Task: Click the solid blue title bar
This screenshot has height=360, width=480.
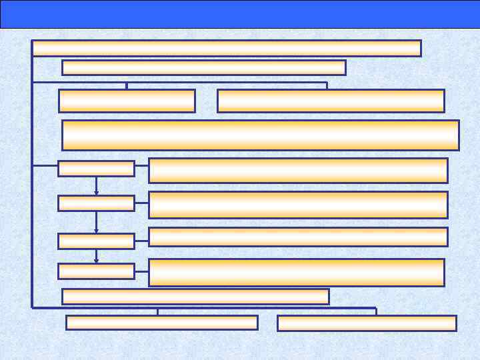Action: (240, 14)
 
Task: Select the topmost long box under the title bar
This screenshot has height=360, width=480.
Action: (227, 48)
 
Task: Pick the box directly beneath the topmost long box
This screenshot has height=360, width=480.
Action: (203, 67)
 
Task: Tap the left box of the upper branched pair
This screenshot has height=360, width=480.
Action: (127, 101)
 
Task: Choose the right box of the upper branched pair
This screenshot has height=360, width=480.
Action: (331, 101)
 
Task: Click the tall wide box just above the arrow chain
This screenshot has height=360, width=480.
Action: (260, 135)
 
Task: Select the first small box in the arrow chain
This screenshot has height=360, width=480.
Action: (96, 169)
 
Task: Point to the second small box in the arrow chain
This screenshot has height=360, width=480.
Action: (96, 203)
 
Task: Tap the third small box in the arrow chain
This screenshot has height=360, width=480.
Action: (96, 241)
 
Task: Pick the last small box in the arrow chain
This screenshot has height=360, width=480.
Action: (96, 271)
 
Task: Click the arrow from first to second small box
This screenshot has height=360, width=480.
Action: (96, 186)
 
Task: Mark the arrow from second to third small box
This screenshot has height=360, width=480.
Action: (96, 222)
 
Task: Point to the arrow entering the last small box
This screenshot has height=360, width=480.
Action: (96, 256)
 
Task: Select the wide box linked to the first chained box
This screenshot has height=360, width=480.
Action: (298, 170)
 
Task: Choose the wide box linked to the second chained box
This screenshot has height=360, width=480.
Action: (298, 205)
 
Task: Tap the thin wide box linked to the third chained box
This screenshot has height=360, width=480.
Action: (298, 237)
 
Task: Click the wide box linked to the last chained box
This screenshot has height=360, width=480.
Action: (296, 273)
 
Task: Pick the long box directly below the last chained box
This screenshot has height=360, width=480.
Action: (195, 296)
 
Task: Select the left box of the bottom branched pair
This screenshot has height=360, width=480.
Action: (162, 323)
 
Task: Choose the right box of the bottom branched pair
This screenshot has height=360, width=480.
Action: (367, 323)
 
